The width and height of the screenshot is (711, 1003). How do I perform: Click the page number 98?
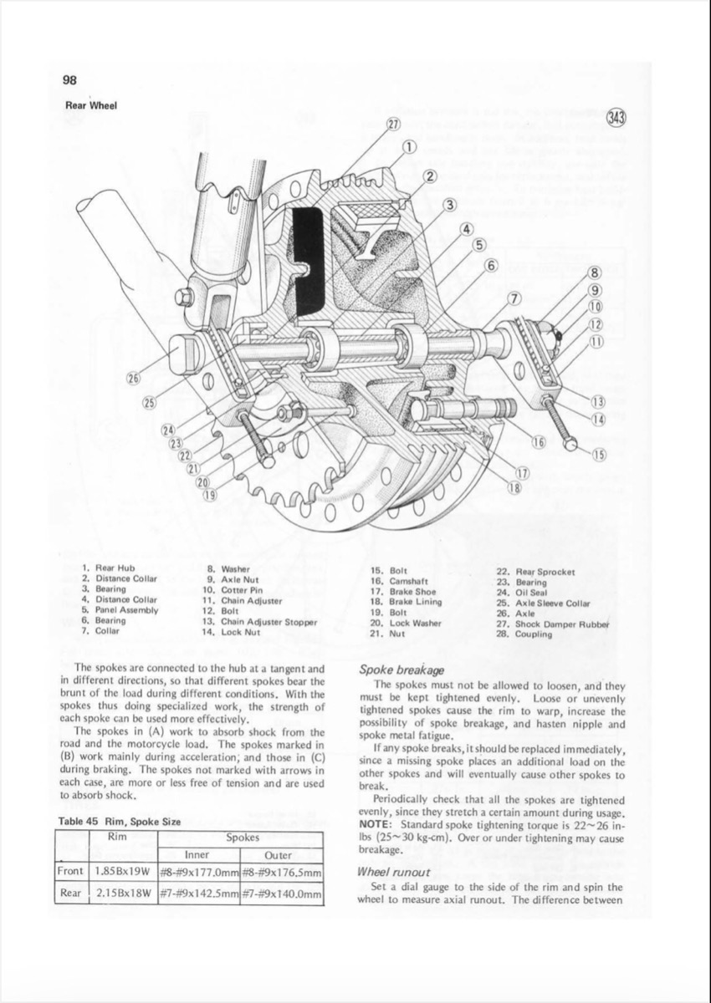tap(69, 80)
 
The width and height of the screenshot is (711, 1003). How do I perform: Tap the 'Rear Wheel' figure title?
tap(91, 105)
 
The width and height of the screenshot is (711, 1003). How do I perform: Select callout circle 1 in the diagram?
tap(410, 147)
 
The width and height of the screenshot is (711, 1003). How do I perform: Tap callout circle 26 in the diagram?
tap(132, 380)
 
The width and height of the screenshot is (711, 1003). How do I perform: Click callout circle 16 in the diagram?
tap(539, 441)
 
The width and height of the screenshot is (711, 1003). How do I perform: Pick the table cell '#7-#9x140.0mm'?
tap(281, 894)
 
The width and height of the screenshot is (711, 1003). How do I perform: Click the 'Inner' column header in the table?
tap(197, 854)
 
